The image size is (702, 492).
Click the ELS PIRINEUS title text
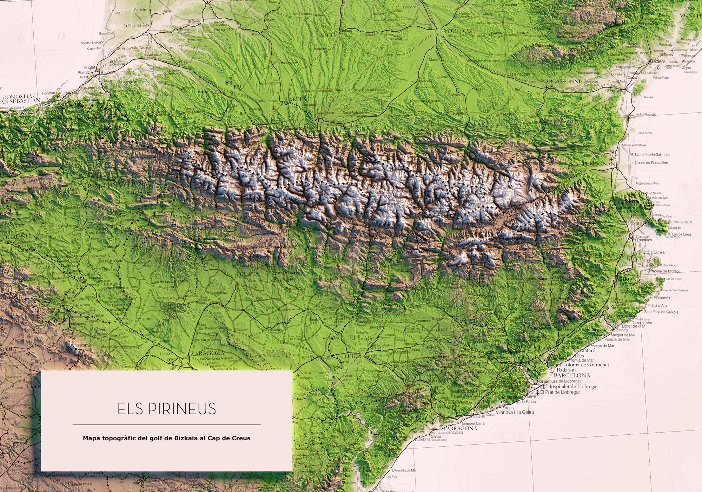pos(166,408)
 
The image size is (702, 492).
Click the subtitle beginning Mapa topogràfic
pos(166,438)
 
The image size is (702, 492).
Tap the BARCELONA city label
pos(572,375)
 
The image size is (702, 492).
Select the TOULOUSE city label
pos(459,31)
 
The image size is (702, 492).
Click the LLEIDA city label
pos(351,356)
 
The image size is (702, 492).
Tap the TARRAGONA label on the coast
pos(460,428)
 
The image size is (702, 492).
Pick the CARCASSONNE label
pos(562,81)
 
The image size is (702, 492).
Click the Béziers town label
pos(657,61)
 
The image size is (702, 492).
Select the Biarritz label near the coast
pos(84,73)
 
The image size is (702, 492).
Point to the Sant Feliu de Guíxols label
pos(661,312)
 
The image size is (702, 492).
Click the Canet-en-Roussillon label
pos(651,163)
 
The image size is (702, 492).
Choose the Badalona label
pos(567,370)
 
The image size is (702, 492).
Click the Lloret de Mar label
pos(633,326)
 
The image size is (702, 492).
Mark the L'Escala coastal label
pos(657,252)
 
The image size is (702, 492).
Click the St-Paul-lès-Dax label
pos(136,25)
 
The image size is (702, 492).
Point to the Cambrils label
pos(422,439)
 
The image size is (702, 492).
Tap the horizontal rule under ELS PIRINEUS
pos(166,425)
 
